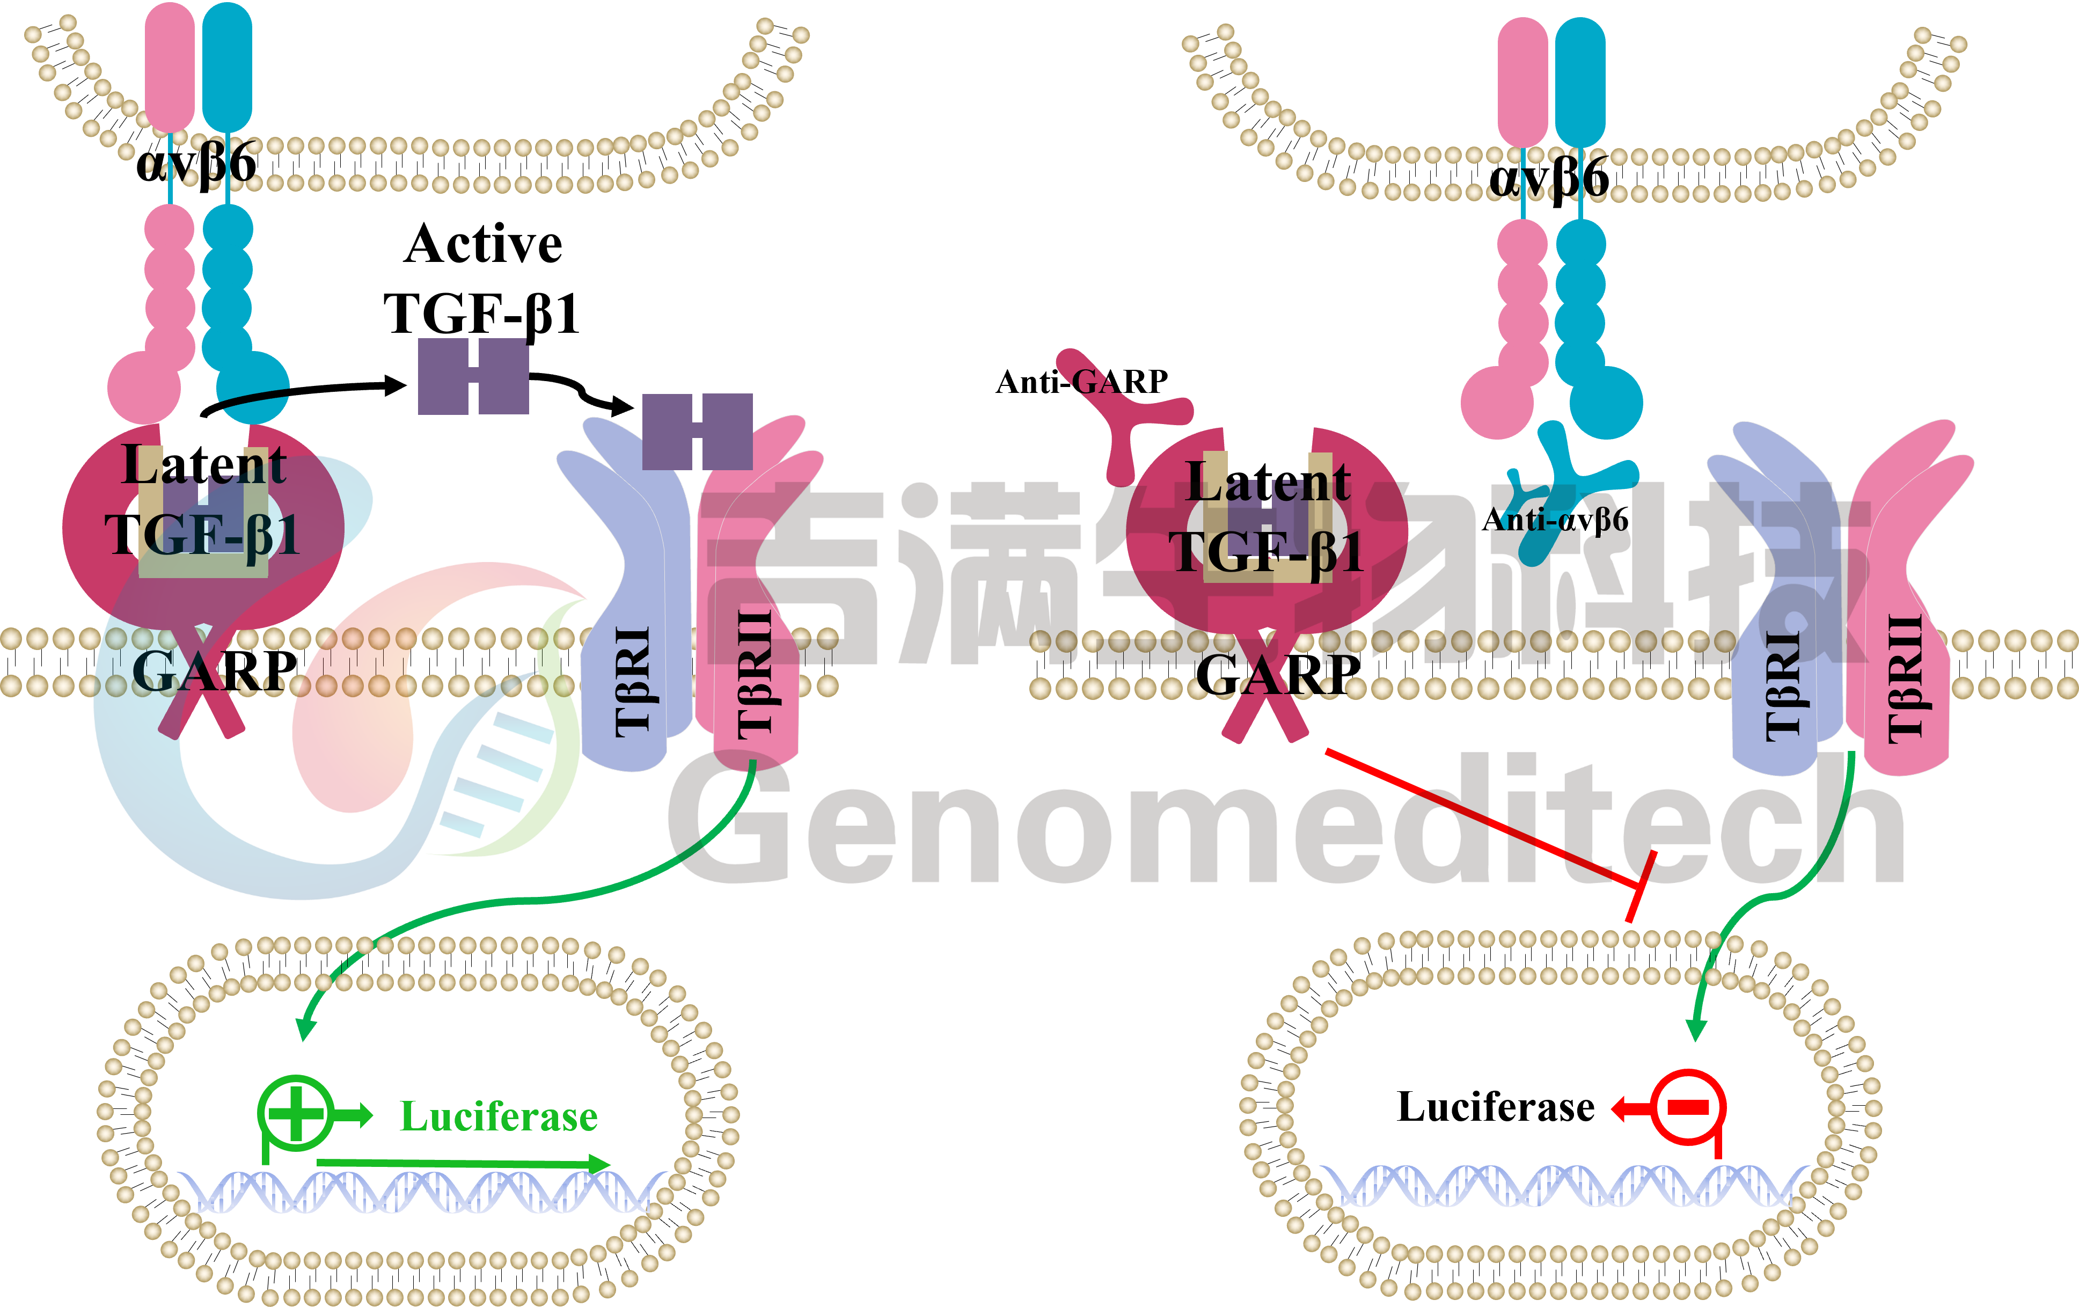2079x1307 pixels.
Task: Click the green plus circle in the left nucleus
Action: coord(295,1114)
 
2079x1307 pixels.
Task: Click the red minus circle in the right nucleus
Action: coord(1687,1107)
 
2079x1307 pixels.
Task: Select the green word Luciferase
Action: coord(499,1117)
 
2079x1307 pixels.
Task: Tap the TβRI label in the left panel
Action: coord(633,682)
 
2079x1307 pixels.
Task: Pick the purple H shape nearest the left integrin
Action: coord(473,376)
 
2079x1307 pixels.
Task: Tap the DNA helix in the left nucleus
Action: coord(423,1191)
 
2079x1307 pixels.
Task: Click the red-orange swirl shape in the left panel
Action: coord(389,691)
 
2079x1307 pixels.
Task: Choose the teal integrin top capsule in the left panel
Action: coord(227,67)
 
